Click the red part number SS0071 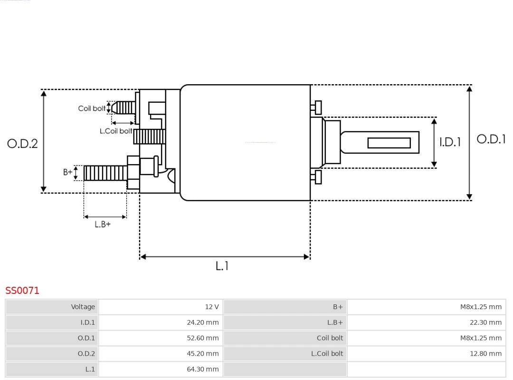(x=22, y=290)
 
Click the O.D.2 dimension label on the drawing (x=22, y=144)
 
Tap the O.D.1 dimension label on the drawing (x=491, y=139)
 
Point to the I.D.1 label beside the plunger (x=450, y=142)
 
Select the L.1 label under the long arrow (x=222, y=266)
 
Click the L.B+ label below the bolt (x=102, y=224)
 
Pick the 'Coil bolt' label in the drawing (x=92, y=108)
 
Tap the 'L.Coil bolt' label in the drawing (x=115, y=131)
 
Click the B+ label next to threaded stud (x=68, y=172)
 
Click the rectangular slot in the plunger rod (x=389, y=143)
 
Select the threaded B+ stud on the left (x=105, y=173)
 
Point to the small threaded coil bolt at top (x=124, y=108)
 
